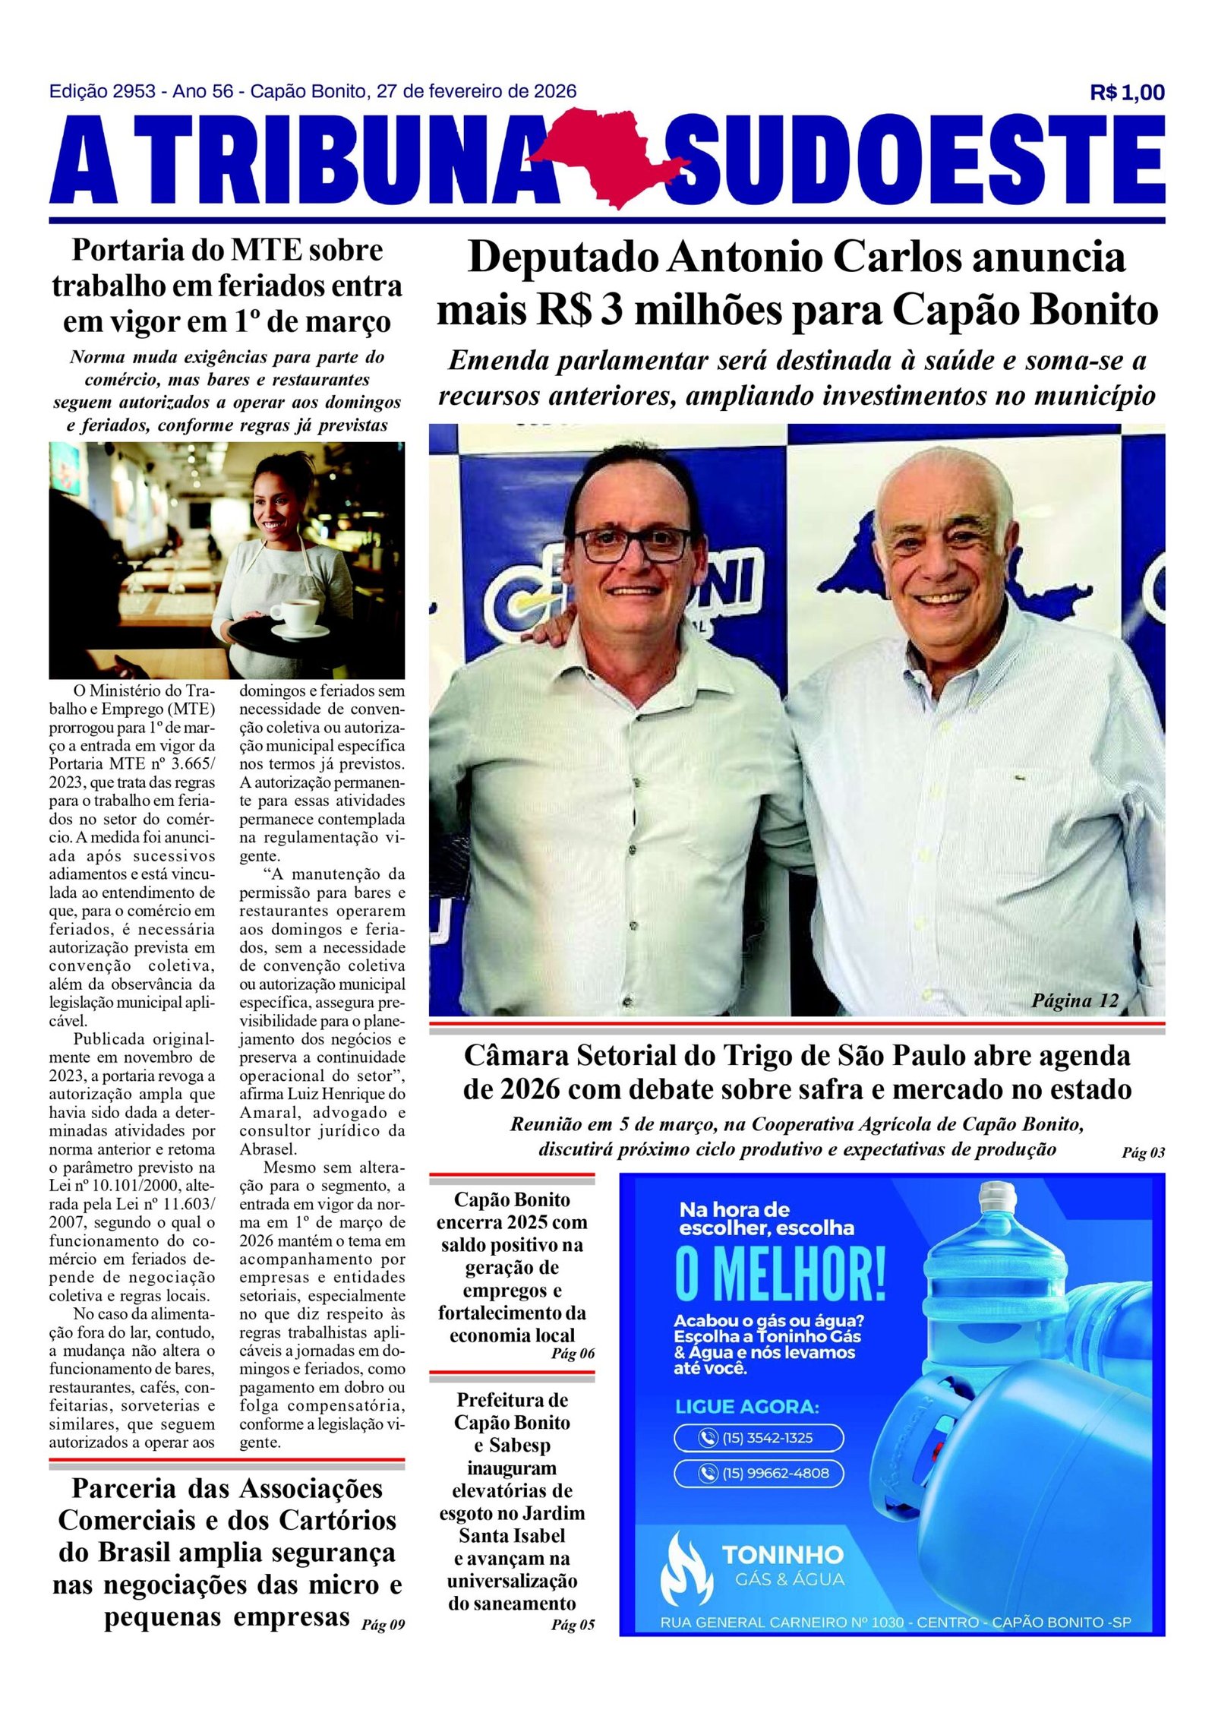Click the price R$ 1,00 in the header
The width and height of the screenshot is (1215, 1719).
pos(1126,93)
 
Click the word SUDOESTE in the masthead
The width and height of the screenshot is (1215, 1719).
pos(915,161)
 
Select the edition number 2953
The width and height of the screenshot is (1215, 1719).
pos(134,92)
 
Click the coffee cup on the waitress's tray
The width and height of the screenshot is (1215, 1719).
pos(295,612)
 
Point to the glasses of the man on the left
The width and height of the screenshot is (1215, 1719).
pos(632,544)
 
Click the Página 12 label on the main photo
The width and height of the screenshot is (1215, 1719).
pos(1075,1000)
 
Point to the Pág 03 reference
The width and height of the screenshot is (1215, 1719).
pos(1143,1153)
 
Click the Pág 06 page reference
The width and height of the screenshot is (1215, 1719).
pos(573,1354)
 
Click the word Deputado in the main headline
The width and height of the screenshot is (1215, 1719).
pos(563,258)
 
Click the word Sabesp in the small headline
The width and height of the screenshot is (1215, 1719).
pos(519,1446)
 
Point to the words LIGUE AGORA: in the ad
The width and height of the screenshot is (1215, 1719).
pos(746,1407)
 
